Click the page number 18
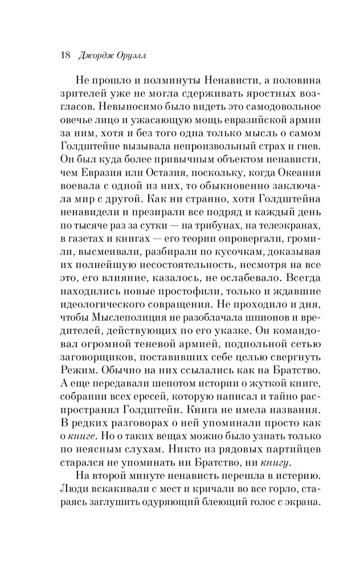pyautogui.click(x=63, y=55)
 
